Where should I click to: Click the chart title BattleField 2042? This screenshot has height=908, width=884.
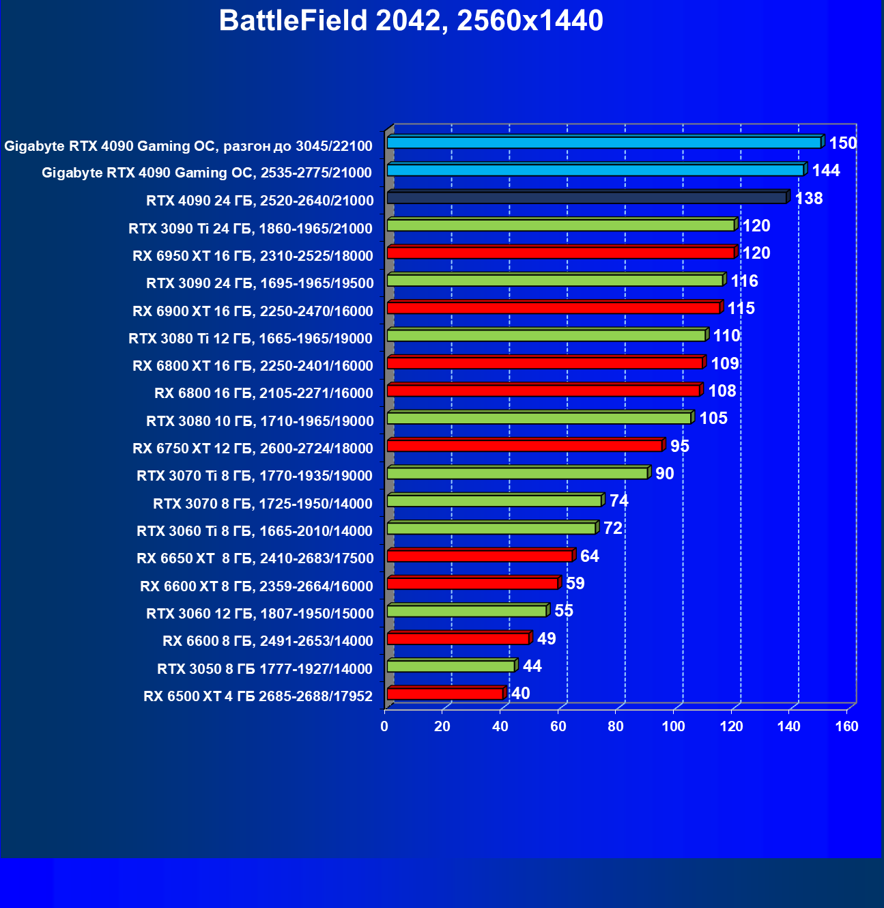tap(411, 21)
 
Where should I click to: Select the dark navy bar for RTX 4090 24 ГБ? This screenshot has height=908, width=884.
tap(587, 198)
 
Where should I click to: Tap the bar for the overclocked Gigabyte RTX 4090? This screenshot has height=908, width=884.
tap(604, 143)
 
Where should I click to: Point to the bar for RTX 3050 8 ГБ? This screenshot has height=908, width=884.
tap(451, 666)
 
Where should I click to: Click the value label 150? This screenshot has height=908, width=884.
tap(842, 143)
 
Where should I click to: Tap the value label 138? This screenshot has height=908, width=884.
tap(809, 199)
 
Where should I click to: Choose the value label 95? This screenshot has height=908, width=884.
tap(679, 446)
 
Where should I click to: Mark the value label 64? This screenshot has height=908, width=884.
tap(589, 556)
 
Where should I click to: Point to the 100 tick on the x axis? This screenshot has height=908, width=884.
tap(674, 726)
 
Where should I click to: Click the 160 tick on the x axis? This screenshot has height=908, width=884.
tap(847, 726)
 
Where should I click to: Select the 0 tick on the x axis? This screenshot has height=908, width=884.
tap(384, 726)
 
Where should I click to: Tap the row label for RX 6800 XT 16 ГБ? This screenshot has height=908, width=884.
tap(253, 366)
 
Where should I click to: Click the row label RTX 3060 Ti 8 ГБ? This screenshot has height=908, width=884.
tap(255, 531)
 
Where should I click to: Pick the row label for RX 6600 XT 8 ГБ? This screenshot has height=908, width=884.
tap(257, 586)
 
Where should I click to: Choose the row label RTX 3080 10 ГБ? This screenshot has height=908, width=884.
tap(260, 421)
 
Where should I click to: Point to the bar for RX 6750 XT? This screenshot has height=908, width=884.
tap(524, 446)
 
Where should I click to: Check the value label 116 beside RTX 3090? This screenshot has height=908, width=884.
tap(744, 281)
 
